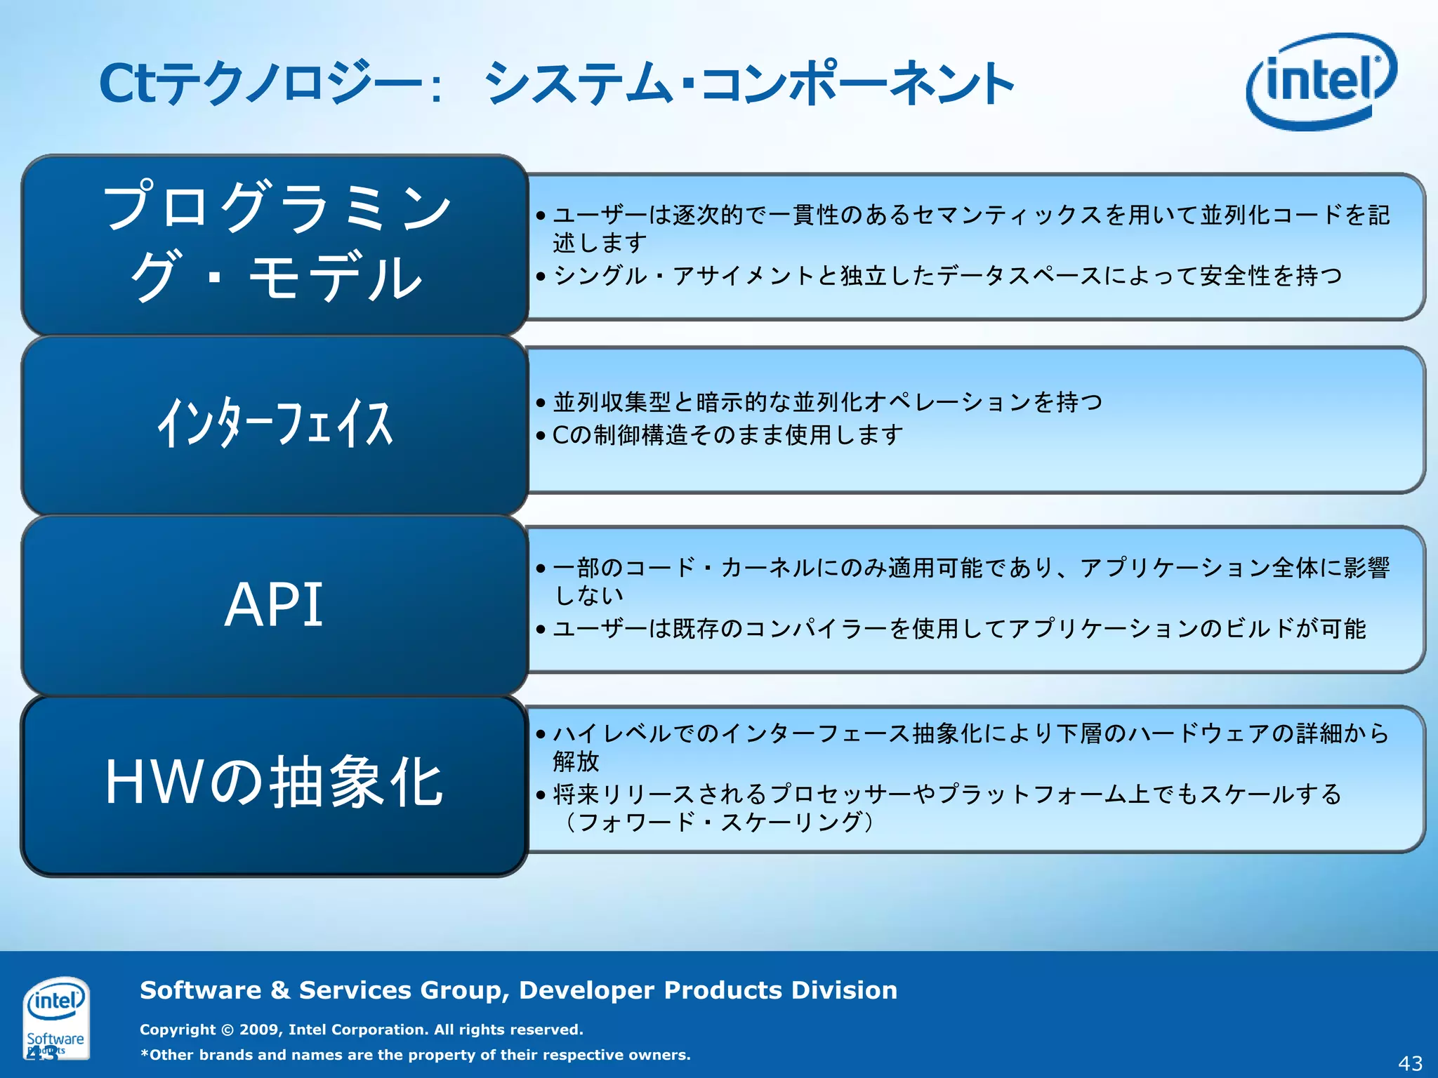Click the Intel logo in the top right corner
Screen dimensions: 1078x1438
(1320, 81)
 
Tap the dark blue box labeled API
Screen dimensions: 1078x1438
(274, 605)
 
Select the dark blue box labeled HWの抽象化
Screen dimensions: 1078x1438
(274, 784)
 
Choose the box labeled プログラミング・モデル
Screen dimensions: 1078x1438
(274, 242)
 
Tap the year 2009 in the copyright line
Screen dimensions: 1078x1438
(260, 1030)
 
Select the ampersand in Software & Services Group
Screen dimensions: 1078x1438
(279, 990)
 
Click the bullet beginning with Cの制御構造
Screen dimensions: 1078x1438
(727, 435)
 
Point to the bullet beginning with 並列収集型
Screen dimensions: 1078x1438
(827, 402)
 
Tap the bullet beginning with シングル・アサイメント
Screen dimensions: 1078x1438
(946, 276)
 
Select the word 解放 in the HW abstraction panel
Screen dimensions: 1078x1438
(576, 761)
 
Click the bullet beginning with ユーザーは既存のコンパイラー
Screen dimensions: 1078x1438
(958, 628)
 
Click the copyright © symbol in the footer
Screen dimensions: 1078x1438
(227, 1030)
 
